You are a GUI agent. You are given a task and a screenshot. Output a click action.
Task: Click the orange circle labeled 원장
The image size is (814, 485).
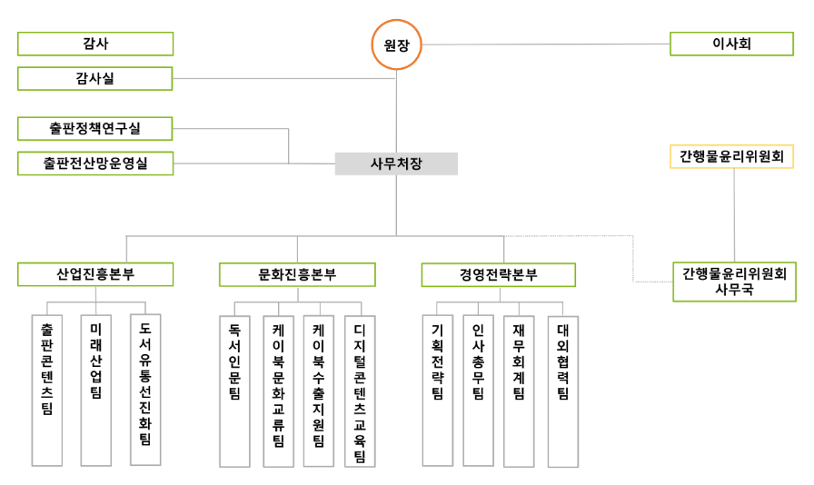point(397,45)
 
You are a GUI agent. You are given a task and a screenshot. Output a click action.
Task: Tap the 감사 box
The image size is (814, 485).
point(95,44)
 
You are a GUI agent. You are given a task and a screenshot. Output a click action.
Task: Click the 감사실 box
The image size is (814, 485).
point(95,79)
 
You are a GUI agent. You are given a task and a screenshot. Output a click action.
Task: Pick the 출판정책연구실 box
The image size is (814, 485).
point(95,128)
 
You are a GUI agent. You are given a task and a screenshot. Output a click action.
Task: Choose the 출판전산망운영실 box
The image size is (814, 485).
point(95,163)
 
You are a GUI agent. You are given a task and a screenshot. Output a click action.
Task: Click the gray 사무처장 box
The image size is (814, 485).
point(396,163)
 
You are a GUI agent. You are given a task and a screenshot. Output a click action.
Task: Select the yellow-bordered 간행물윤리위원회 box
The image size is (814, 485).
point(732,157)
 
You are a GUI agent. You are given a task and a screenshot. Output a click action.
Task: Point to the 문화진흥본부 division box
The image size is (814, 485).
point(297,274)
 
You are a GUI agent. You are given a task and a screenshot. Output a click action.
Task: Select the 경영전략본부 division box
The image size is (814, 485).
point(498,274)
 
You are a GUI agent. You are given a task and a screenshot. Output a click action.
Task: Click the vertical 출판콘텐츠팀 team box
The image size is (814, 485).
point(47,391)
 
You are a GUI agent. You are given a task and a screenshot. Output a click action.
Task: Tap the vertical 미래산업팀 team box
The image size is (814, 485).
point(96,391)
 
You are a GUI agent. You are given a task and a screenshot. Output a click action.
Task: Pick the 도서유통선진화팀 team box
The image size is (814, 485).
point(145,391)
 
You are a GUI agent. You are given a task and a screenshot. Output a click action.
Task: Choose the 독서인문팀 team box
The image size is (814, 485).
point(234,391)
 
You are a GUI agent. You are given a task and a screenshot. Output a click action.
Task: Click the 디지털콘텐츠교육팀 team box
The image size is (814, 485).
point(360,391)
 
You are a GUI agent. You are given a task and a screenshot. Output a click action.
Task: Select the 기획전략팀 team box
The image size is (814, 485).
point(437,391)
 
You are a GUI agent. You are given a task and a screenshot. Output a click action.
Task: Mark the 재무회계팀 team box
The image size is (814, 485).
point(519,391)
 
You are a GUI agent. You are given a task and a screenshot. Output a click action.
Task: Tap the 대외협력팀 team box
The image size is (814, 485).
point(563,391)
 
